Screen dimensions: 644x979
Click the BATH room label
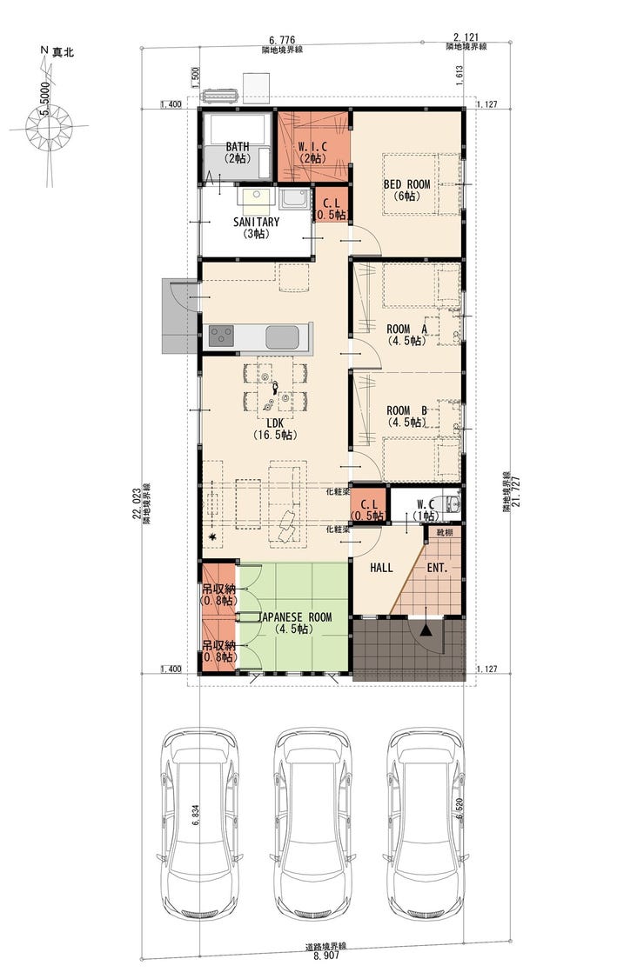(x=238, y=152)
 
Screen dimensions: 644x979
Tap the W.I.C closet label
(x=312, y=152)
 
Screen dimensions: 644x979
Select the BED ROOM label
(x=406, y=190)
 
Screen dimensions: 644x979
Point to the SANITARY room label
(x=257, y=227)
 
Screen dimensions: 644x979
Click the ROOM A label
(x=406, y=335)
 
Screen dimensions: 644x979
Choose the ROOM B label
(x=406, y=416)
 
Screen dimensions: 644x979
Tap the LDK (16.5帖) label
(x=275, y=429)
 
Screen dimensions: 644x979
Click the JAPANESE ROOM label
(x=294, y=623)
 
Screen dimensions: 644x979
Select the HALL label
(x=381, y=568)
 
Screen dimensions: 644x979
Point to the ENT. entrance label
(x=437, y=568)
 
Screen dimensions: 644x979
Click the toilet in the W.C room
(x=452, y=503)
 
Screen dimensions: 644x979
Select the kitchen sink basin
(x=282, y=337)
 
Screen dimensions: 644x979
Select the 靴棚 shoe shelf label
(x=444, y=532)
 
